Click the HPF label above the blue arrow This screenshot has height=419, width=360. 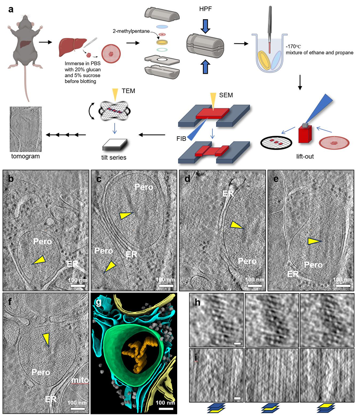click(x=205, y=9)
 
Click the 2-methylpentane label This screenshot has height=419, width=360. click(x=131, y=31)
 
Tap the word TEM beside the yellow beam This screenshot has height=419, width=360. click(x=128, y=91)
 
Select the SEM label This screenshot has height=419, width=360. click(x=226, y=95)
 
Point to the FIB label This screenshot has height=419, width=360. click(x=181, y=139)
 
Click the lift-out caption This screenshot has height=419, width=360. click(x=305, y=157)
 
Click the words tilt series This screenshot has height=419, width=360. click(x=114, y=158)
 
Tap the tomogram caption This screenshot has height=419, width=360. click(x=25, y=156)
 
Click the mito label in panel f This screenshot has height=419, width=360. click(x=80, y=380)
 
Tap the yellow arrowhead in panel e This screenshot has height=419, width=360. click(x=313, y=241)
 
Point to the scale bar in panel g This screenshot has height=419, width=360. click(x=166, y=409)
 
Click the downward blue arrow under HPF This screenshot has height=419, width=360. click(x=205, y=26)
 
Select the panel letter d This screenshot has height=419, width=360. click(x=187, y=179)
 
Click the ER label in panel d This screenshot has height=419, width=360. click(x=228, y=193)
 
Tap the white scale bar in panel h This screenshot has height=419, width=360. click(x=238, y=343)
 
